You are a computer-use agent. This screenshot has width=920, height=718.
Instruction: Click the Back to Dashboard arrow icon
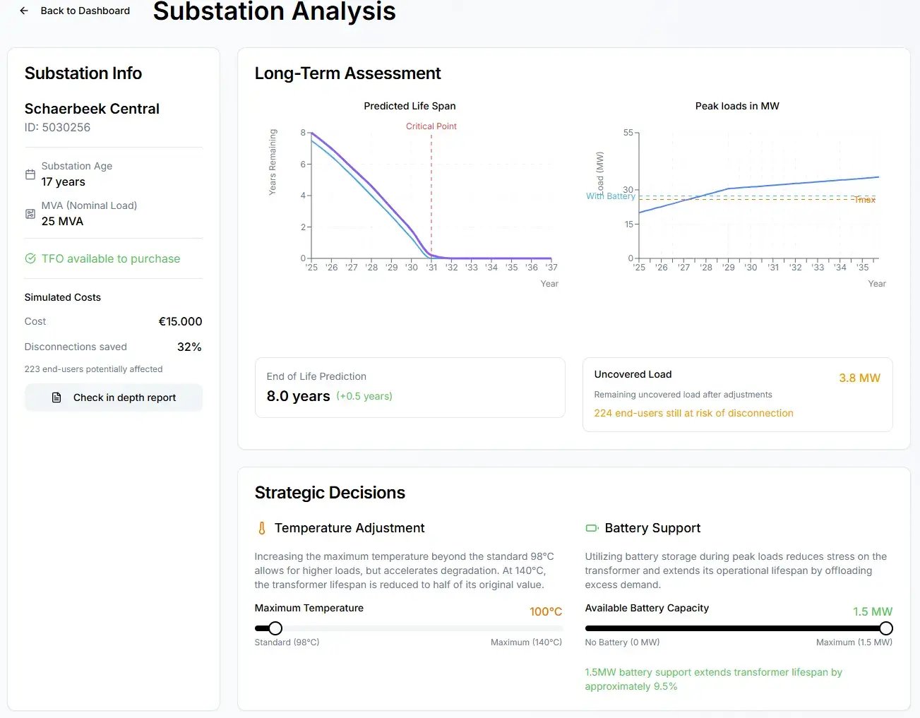24,11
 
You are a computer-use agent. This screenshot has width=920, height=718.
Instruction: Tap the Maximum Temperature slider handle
275,628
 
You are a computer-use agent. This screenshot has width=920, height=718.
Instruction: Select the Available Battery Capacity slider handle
885,628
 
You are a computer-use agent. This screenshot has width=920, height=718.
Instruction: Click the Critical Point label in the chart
431,126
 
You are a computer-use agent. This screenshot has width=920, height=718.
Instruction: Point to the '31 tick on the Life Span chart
431,268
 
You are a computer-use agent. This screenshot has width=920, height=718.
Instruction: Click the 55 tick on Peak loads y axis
628,133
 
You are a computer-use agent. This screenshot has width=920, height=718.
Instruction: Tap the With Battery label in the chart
610,196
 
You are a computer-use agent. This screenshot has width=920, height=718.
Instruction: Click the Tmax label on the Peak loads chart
865,200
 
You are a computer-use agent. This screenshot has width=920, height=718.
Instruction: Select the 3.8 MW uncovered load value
859,378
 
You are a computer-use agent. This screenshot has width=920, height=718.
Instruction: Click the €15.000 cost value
180,321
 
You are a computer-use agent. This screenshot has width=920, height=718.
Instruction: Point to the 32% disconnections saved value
189,347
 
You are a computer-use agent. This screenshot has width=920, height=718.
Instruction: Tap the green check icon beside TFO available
30,258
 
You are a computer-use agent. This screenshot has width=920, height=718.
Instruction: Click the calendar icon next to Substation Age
30,174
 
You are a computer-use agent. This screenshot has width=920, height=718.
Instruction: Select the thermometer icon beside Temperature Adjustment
262,528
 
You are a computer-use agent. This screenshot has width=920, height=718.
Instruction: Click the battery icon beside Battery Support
592,528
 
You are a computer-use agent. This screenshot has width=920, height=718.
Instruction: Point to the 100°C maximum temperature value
546,611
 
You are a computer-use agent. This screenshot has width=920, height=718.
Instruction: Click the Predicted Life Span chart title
410,106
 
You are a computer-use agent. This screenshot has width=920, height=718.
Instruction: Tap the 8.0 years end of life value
298,396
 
